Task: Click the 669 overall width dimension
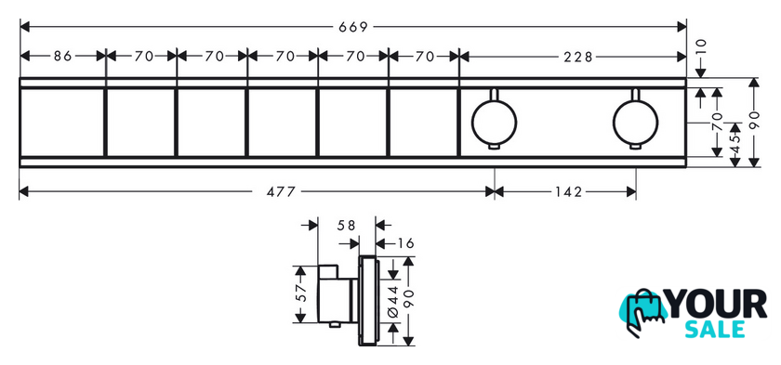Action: click(352, 27)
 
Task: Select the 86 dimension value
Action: click(63, 57)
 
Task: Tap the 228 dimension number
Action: click(578, 57)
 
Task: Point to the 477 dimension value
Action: click(281, 191)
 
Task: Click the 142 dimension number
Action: click(568, 191)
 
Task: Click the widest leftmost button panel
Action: click(61, 123)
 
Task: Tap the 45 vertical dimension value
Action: click(736, 143)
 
